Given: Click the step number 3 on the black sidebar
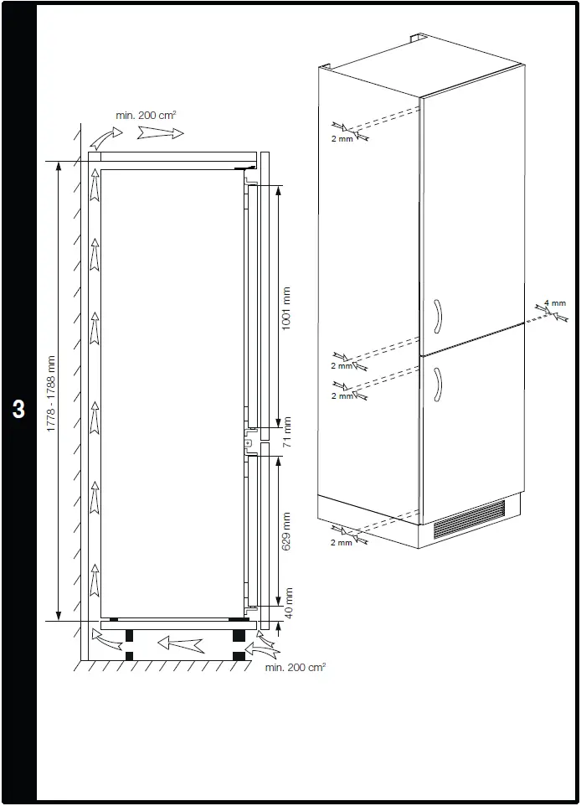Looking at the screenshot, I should (18, 410).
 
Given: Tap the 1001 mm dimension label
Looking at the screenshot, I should (286, 309).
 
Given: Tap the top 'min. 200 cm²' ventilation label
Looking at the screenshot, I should (146, 114).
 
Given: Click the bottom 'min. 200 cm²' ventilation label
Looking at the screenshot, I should (296, 668).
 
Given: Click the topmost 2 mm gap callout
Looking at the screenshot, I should (342, 138).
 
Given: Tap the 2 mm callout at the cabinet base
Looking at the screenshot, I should (342, 543).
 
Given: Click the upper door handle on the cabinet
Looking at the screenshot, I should (439, 318).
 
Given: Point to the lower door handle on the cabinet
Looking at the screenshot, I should (439, 386).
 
